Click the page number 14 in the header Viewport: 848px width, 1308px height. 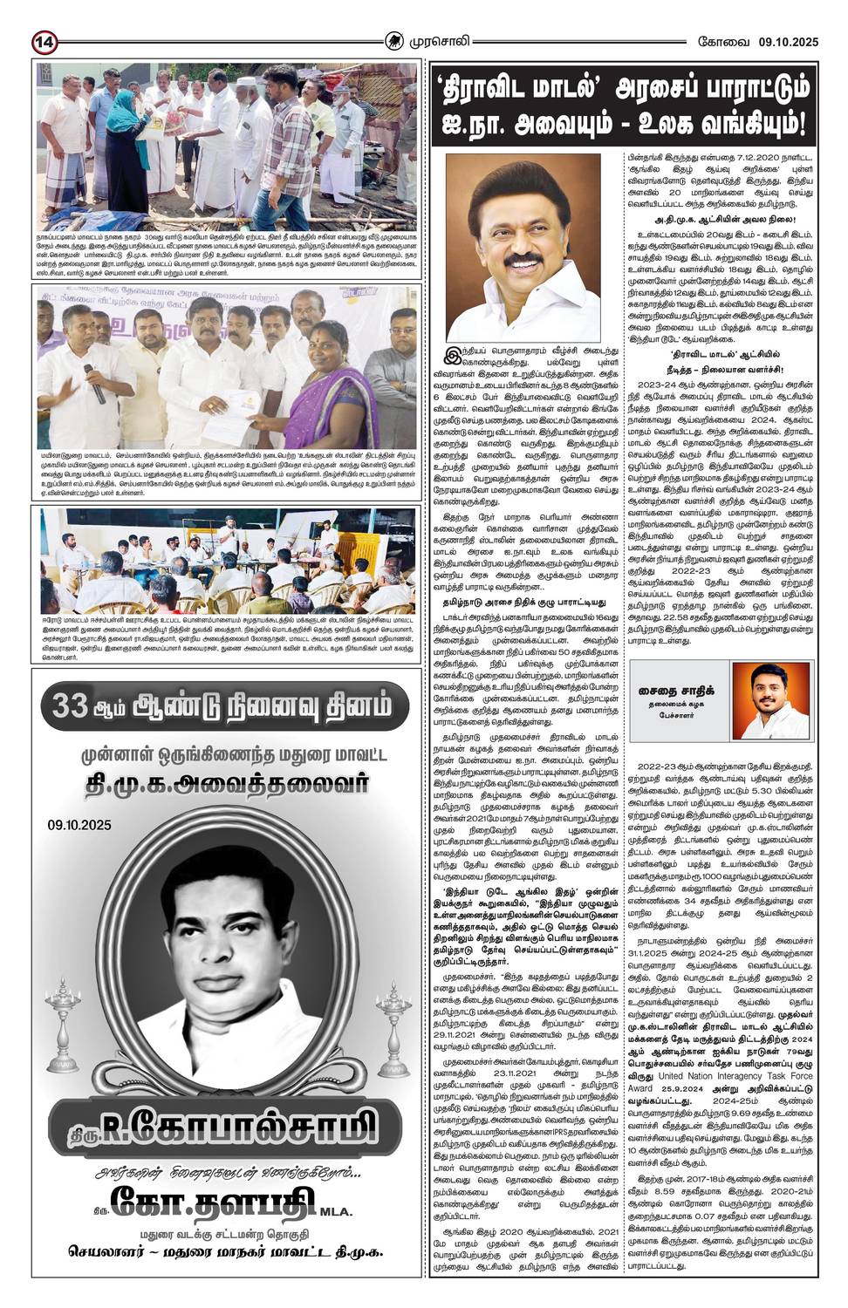[44, 41]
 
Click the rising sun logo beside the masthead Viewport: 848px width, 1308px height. [396, 40]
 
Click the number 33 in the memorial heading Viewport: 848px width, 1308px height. [67, 705]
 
